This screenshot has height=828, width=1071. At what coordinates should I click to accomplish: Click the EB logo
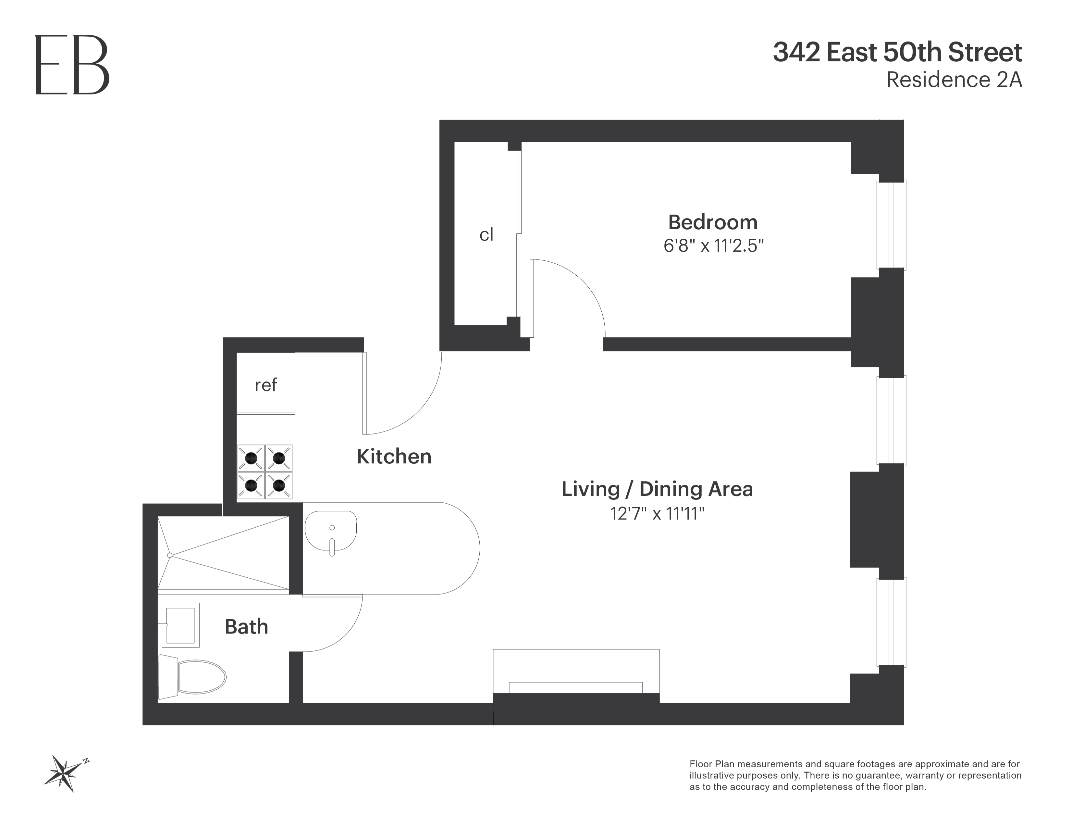[x=72, y=65]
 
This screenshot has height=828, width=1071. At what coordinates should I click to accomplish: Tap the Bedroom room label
[x=712, y=222]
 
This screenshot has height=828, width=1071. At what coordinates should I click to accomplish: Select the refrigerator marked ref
[x=266, y=384]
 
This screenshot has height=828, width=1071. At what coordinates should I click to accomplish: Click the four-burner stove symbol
[x=265, y=472]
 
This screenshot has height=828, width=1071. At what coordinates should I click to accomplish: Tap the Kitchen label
[x=394, y=457]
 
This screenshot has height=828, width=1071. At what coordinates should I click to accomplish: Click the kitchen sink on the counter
[x=331, y=531]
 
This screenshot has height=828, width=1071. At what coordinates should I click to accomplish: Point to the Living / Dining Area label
[x=657, y=489]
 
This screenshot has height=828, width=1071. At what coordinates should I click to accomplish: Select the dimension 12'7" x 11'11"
[x=657, y=514]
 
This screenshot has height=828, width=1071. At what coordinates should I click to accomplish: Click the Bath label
[x=246, y=627]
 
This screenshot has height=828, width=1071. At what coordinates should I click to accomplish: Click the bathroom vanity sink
[x=180, y=625]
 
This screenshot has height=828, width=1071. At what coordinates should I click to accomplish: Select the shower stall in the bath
[x=223, y=553]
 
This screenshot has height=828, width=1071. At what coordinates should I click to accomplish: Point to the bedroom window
[x=891, y=225]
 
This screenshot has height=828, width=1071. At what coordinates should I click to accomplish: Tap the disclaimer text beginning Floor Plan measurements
[x=855, y=775]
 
